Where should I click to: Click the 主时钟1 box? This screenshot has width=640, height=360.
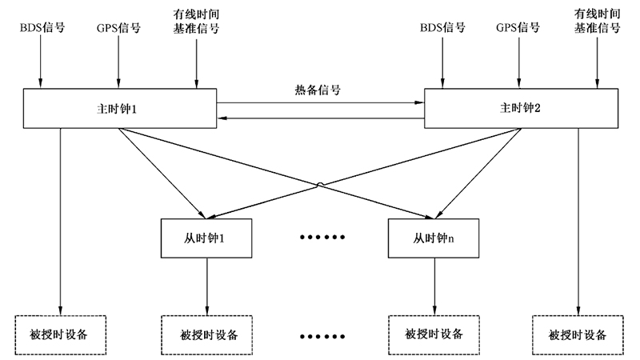point(119,108)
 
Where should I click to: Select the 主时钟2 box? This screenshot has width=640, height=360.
point(521,108)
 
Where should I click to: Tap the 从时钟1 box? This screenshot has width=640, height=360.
point(207,238)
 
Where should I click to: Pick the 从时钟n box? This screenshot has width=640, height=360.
point(434,238)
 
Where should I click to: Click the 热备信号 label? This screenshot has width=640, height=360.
point(318,90)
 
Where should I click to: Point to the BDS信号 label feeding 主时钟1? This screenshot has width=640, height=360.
point(42,27)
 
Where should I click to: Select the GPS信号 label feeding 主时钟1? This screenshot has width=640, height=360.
point(118,27)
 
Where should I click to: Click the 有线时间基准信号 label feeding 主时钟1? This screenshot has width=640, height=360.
point(196,22)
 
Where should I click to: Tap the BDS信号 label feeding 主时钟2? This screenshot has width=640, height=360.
point(442,27)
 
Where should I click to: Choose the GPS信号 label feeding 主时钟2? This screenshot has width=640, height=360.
point(518,27)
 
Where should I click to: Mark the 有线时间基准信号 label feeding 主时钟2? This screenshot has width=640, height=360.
point(597,22)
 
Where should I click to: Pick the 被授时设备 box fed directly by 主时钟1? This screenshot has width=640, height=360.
point(61,333)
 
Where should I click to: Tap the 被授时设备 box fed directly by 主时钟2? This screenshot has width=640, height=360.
point(578,333)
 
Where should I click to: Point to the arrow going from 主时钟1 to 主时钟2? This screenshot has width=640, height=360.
point(320,102)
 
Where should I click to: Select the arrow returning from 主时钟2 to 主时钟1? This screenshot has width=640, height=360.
point(320,118)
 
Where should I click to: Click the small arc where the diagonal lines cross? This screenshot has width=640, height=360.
point(320,186)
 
